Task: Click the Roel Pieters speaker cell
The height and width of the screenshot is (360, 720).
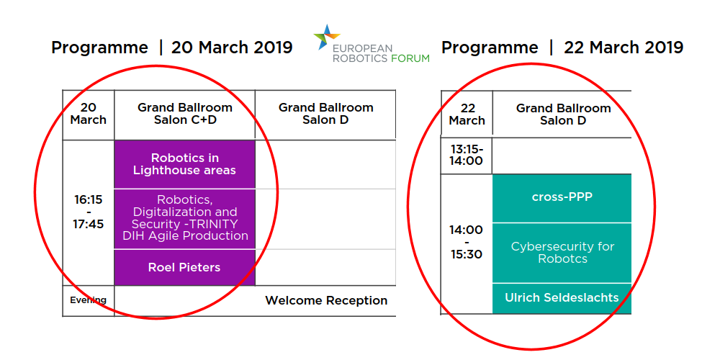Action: click(x=184, y=267)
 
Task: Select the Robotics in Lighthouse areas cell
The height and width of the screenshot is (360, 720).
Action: click(x=184, y=164)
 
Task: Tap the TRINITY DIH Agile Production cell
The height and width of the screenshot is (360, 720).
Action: click(x=184, y=219)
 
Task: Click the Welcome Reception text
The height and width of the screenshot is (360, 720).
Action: click(x=326, y=301)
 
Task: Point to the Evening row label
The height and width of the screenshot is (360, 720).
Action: click(x=88, y=300)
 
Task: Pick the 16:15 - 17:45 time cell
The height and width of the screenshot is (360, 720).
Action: click(x=88, y=212)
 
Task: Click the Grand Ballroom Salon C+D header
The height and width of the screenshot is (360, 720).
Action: click(x=184, y=114)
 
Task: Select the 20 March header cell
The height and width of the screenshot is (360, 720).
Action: click(x=88, y=114)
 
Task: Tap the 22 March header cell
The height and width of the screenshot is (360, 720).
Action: click(x=467, y=114)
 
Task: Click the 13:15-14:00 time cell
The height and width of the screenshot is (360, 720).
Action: click(x=467, y=156)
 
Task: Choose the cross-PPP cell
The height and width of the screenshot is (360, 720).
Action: click(x=562, y=199)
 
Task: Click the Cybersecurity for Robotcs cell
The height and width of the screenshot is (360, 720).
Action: click(x=562, y=253)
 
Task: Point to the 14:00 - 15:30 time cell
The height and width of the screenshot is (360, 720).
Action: click(x=467, y=243)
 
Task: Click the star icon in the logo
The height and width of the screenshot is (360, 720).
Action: click(x=326, y=37)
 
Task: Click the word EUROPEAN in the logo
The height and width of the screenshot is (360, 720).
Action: click(x=363, y=48)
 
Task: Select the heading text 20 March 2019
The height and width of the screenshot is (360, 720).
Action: click(x=232, y=48)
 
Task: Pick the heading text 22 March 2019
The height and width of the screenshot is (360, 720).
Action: click(x=624, y=48)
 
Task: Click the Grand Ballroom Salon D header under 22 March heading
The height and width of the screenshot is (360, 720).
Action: click(x=563, y=114)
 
